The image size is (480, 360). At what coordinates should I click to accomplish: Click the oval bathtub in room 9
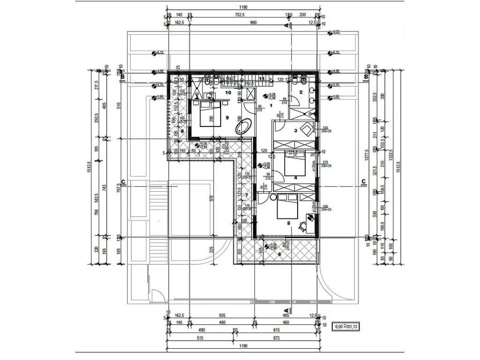[244, 127]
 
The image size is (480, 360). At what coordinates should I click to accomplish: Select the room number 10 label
[228, 93]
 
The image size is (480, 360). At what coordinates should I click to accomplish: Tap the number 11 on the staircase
[262, 78]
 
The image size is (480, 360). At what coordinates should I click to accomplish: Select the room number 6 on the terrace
[279, 254]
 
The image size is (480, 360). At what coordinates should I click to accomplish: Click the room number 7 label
[247, 195]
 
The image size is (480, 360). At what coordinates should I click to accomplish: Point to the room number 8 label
[176, 131]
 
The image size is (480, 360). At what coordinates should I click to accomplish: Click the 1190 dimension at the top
[243, 7]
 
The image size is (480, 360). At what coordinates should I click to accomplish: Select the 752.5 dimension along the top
[240, 15]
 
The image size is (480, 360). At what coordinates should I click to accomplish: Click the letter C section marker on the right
[363, 181]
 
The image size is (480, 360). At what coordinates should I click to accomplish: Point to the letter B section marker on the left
[122, 76]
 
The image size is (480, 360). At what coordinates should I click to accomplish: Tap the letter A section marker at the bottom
[286, 310]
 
